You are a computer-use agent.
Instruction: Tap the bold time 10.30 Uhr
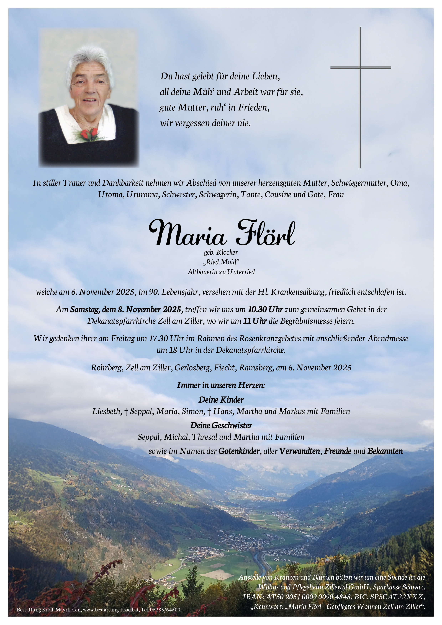(265, 309)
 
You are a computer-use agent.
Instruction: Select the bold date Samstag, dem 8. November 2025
(125, 309)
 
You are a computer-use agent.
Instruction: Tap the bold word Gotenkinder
(239, 451)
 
